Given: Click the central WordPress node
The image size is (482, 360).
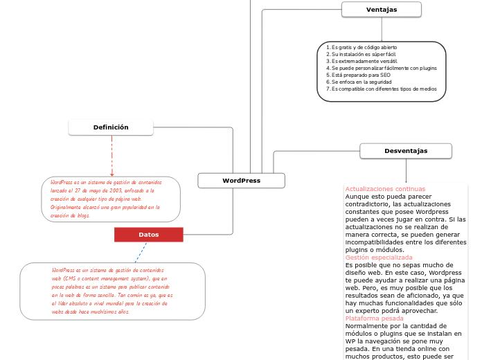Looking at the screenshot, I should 241,181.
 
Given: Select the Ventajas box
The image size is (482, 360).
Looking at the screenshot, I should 381,9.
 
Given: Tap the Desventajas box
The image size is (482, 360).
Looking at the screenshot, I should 406,151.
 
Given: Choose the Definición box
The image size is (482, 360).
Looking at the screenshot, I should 111,127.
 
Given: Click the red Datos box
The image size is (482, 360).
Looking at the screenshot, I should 148,235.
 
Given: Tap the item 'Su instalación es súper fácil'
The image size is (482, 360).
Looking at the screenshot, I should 364,54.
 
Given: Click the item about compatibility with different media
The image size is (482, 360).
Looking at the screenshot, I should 384,89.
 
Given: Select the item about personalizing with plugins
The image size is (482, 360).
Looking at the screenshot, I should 384,68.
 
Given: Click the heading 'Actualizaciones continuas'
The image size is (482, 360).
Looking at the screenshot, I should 385,189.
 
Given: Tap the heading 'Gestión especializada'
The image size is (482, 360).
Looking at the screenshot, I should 378,257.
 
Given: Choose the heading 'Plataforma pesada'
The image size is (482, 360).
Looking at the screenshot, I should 374,318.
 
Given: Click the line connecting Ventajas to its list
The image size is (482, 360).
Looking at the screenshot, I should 382,29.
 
